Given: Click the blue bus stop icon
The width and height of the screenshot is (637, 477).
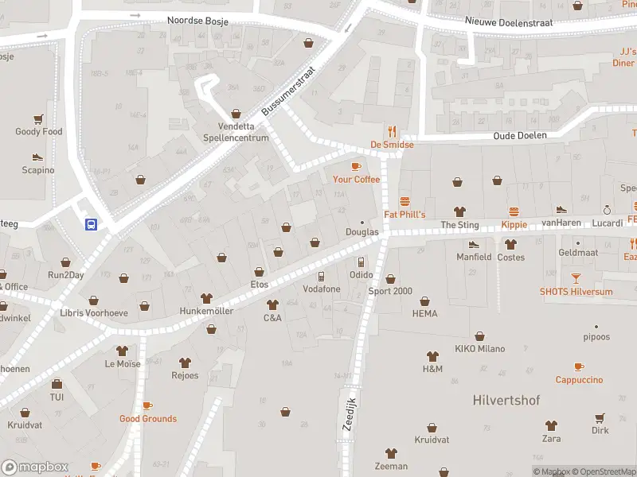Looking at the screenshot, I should point(91,224).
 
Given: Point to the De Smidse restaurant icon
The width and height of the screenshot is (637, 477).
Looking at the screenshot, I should point(392,132).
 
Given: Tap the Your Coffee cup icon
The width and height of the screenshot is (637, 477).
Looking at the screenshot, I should point(356,166).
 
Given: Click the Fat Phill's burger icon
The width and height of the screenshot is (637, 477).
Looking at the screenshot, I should point(404,201).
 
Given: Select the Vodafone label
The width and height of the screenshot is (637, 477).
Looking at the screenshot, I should point(321,289).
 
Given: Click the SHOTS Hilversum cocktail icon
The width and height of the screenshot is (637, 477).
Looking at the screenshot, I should point(576,278).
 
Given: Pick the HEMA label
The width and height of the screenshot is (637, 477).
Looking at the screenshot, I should point(425,314).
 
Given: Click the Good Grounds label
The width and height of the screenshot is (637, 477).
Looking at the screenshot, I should point(148,419).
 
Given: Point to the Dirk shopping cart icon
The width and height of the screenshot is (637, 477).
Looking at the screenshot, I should point(600,417).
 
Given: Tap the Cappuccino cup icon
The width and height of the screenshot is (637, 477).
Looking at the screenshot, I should point(579,366).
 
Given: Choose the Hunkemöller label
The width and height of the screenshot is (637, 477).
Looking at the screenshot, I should point(206,311).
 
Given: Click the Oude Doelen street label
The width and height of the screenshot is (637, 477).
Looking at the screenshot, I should point(520,135).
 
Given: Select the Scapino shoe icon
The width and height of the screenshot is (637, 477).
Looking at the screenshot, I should point(37,157).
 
